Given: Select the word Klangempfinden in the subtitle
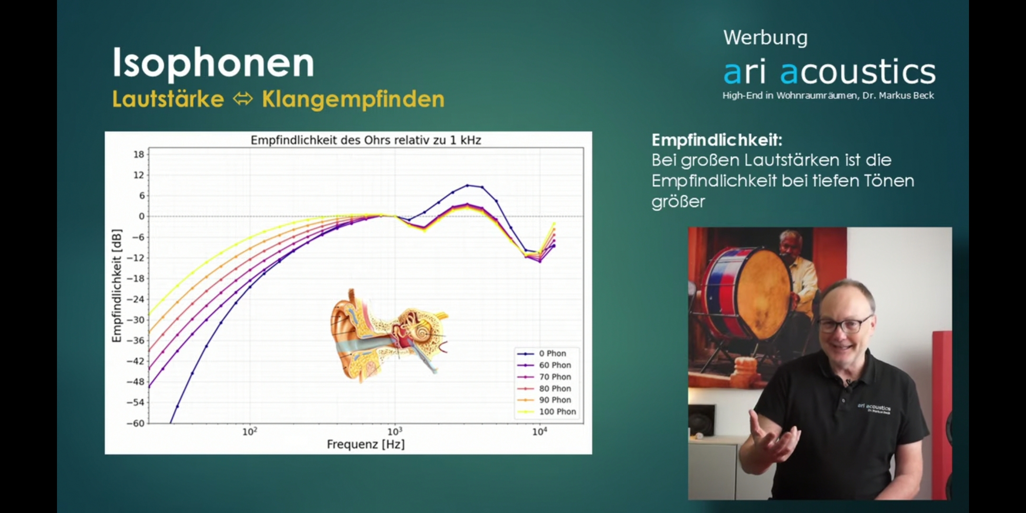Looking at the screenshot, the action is pos(353,100).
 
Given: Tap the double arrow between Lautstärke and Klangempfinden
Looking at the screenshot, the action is pos(243,99).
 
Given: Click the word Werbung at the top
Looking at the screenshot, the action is pos(765,38).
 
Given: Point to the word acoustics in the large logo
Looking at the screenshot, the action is pos(858,72).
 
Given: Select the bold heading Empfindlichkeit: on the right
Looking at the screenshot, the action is pos(717,140).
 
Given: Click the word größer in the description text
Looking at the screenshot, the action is pos(678,201).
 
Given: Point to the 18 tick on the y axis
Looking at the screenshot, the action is pos(139,154).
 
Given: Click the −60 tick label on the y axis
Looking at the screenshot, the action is pos(135,423).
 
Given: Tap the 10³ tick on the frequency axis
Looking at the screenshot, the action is pos(395,431).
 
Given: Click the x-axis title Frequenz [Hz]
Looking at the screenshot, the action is pos(366,445).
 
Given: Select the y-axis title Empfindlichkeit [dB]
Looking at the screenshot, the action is pos(117,286).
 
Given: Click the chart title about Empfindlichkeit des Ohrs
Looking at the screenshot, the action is pos(366,140).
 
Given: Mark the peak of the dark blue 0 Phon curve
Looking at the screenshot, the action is pos(467,185).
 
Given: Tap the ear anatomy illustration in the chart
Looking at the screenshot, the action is pos(389,335).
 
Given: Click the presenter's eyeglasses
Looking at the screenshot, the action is pos(845,325).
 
